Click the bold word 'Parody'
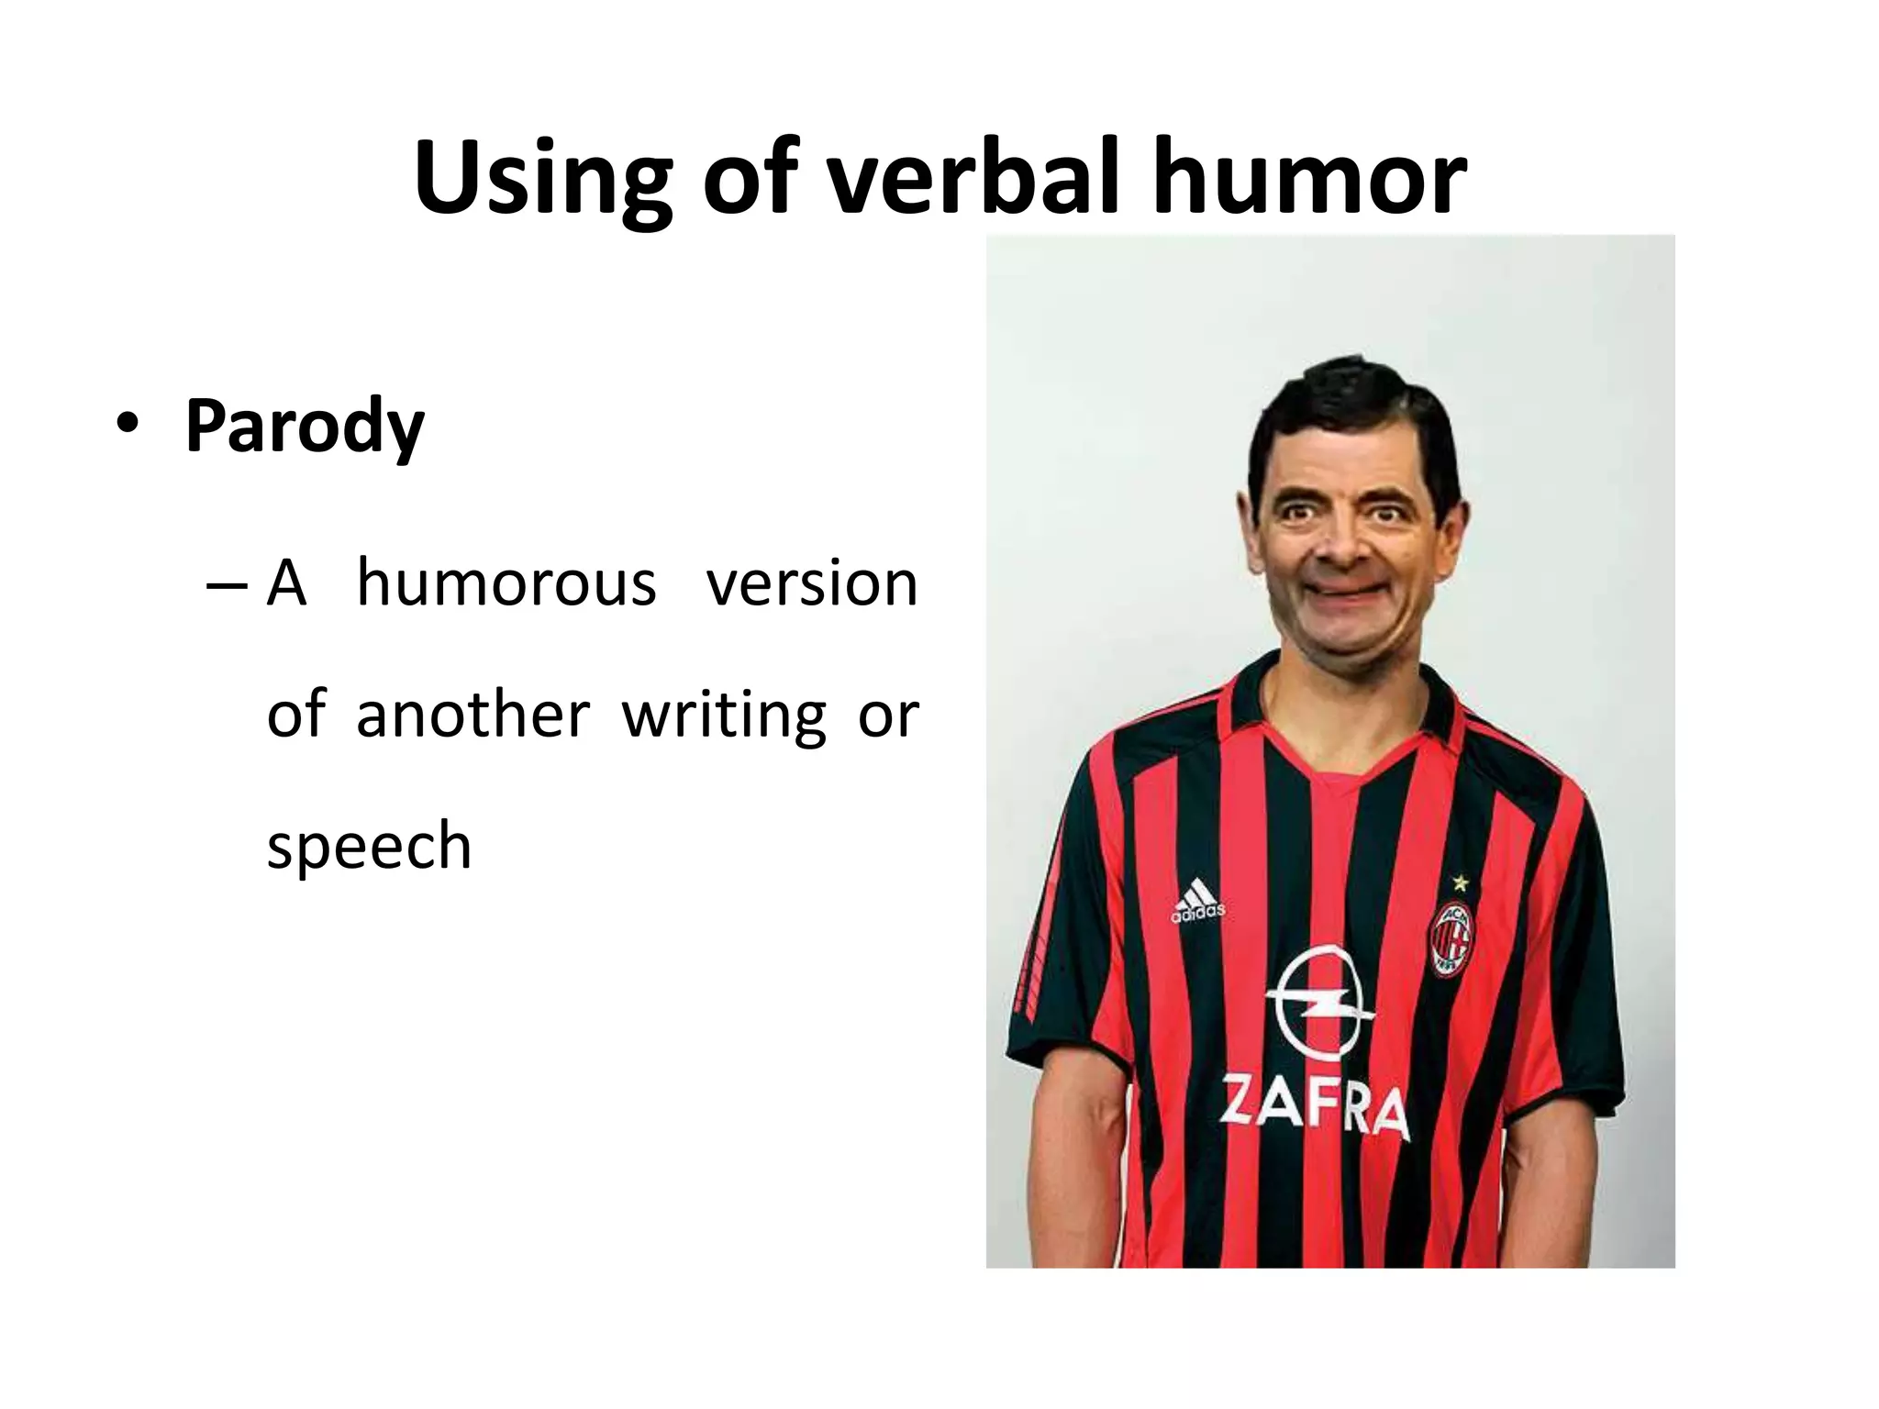(x=304, y=427)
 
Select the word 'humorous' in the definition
(x=506, y=583)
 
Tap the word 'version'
(x=811, y=583)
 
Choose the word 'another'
(x=473, y=715)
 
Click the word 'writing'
(x=724, y=716)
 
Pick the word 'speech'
(x=369, y=846)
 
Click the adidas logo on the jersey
(x=1196, y=900)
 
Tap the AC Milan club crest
(x=1453, y=938)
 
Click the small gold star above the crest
(x=1460, y=883)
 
